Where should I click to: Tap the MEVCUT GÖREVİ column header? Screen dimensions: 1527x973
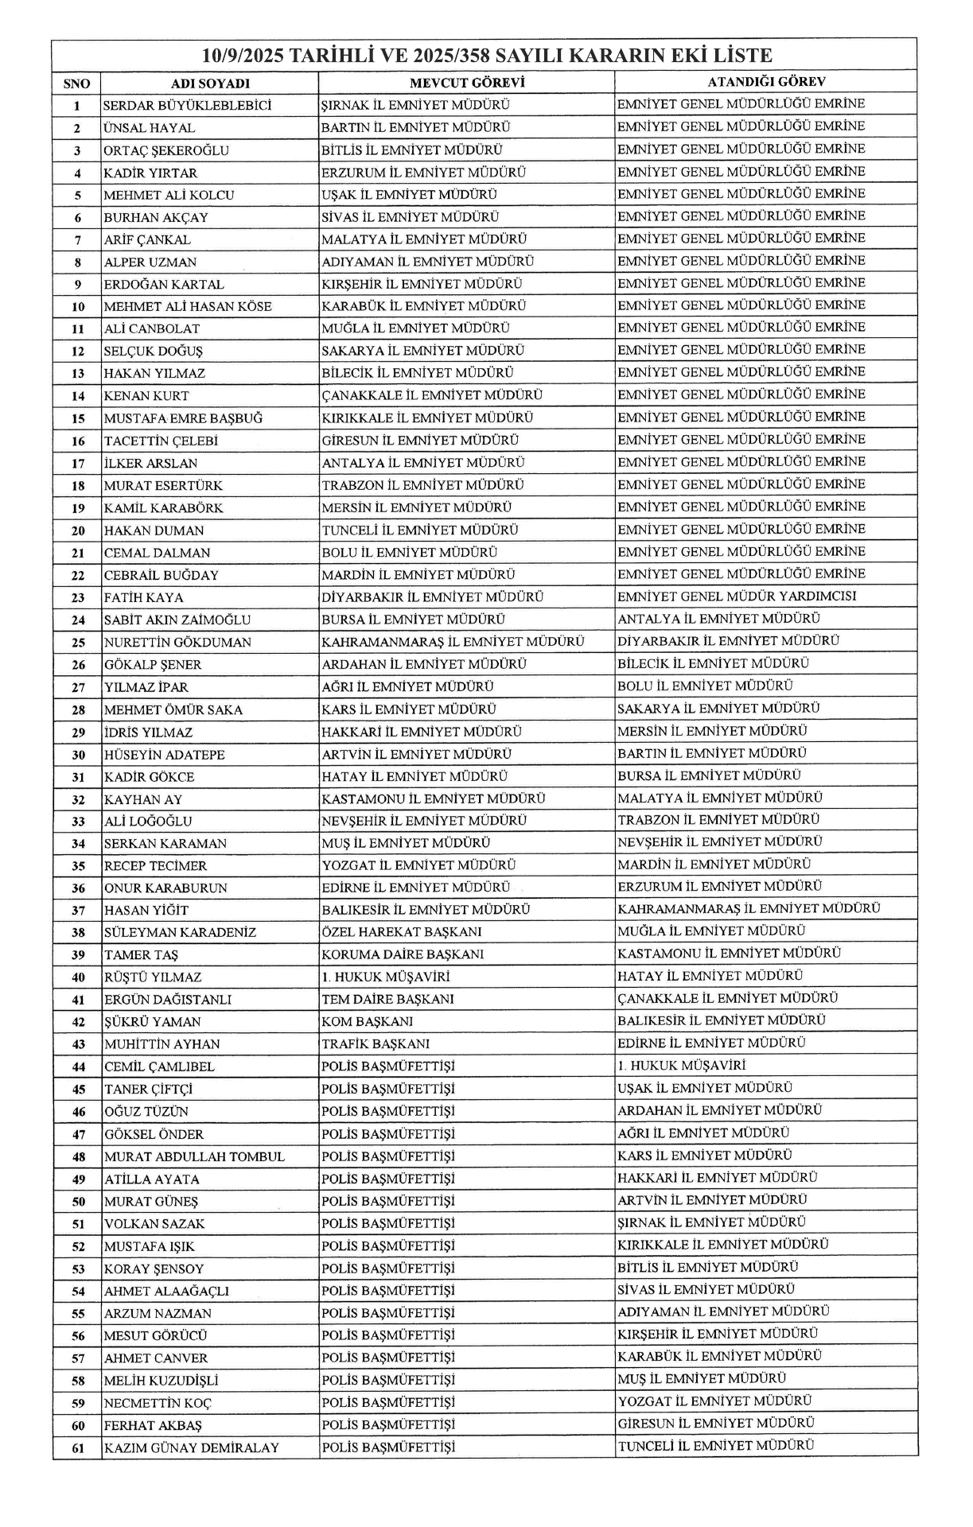tap(466, 83)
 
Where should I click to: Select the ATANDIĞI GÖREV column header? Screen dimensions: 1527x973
tap(766, 82)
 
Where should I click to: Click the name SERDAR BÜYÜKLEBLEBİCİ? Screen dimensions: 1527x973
tap(188, 106)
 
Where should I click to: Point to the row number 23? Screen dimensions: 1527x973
tap(77, 598)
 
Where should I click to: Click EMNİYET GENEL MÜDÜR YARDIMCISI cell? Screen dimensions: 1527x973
tap(737, 596)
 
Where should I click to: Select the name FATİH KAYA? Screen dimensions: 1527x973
tap(143, 598)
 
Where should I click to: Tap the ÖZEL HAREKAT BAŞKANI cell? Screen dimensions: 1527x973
tap(402, 932)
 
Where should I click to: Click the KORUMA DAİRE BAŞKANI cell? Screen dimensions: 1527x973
tap(403, 954)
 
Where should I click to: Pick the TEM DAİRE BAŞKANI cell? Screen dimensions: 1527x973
tap(387, 999)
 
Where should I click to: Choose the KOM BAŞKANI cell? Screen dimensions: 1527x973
tap(367, 1022)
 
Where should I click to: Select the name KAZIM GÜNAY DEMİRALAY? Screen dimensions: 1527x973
tap(192, 1448)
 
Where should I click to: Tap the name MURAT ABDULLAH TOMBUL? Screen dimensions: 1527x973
tap(194, 1157)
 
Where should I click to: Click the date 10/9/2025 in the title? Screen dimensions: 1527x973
tap(242, 56)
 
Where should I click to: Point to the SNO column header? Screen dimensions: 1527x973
tap(77, 84)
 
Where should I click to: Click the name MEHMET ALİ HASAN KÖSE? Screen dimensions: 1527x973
tap(188, 307)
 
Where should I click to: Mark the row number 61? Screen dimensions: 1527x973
tap(77, 1448)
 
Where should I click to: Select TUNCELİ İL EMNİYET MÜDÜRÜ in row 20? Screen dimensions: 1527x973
tap(420, 530)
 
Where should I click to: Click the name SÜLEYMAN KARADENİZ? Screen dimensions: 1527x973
tap(180, 932)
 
